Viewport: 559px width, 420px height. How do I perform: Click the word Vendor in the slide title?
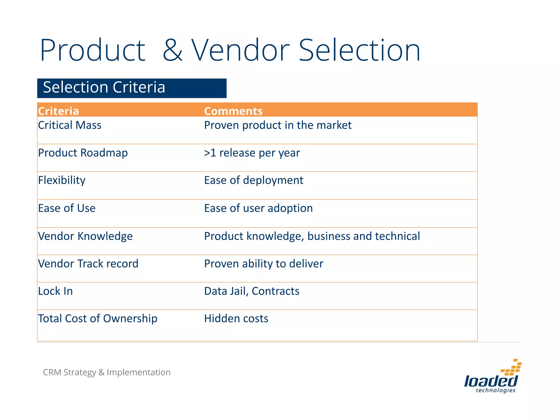240,51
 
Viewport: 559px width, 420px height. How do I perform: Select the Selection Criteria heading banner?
132,88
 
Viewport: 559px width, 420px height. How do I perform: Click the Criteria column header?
58,111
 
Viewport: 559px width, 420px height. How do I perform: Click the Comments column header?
233,111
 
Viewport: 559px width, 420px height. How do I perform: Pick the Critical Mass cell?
70,125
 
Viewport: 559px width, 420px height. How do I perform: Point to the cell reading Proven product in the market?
278,125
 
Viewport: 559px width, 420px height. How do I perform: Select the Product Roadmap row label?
83,153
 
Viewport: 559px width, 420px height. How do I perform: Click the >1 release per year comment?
252,153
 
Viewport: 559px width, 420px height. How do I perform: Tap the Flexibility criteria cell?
62,180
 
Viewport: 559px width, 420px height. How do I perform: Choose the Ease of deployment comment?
254,180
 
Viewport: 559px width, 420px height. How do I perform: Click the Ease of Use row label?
67,208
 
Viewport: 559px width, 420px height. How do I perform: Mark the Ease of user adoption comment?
258,208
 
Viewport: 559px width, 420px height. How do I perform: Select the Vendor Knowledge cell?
85,236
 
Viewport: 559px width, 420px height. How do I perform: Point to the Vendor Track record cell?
88,264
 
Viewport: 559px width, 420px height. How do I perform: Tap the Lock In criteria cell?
55,291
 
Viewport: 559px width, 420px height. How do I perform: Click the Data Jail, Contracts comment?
252,291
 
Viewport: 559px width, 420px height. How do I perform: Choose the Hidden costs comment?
236,319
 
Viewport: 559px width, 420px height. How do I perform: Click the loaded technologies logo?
493,377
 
